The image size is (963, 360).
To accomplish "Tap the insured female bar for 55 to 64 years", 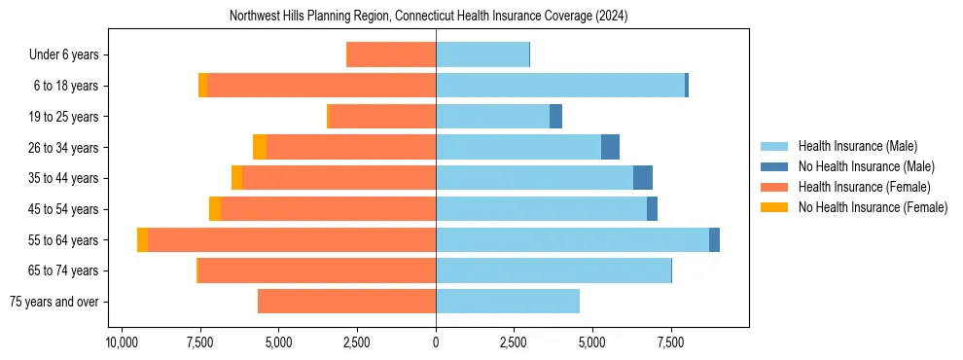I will tap(292, 239).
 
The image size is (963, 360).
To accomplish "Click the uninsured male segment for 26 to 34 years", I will tap(610, 147).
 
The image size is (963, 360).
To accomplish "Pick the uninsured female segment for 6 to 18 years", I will tap(202, 86).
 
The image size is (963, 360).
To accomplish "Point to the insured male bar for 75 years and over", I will tap(508, 302).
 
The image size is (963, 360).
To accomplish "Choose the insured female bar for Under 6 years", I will tap(391, 54).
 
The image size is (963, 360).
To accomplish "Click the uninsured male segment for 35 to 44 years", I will tap(643, 178).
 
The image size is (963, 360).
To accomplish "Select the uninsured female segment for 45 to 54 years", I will tap(215, 209).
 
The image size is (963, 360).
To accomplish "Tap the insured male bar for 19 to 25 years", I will tap(492, 117).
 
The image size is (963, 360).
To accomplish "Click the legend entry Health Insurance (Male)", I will tap(857, 146).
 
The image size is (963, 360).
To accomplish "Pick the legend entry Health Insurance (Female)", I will tap(864, 187).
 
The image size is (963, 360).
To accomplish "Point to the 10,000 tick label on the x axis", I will tap(122, 343).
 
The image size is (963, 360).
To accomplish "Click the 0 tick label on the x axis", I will tap(436, 343).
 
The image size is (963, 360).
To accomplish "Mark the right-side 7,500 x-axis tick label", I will tap(671, 343).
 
